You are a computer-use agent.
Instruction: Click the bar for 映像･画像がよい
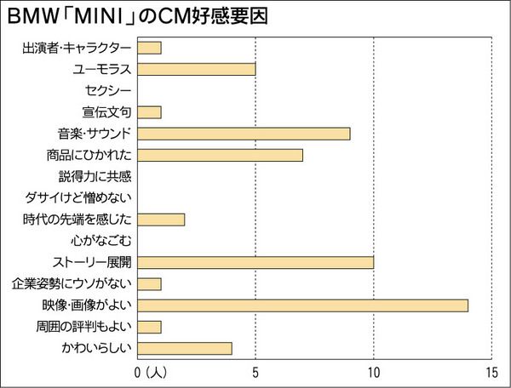[x=302, y=305]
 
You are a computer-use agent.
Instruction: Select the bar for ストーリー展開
[x=255, y=262]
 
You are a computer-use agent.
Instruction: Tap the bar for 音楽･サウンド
[x=243, y=134]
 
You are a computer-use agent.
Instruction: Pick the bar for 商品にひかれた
[x=220, y=155]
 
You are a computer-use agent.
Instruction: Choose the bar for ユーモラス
[x=196, y=69]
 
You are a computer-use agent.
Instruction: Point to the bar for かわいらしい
[x=184, y=348]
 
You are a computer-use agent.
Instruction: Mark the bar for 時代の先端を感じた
[x=160, y=220]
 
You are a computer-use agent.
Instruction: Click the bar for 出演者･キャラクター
[x=149, y=48]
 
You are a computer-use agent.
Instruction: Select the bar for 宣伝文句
[x=149, y=111]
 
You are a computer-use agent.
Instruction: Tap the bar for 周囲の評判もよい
[x=149, y=327]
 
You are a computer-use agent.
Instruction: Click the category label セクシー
[x=108, y=90]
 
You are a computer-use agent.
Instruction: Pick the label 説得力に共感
[x=95, y=176]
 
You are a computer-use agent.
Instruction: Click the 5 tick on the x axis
[x=255, y=372]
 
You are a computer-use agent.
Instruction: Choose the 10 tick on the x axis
[x=373, y=372]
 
